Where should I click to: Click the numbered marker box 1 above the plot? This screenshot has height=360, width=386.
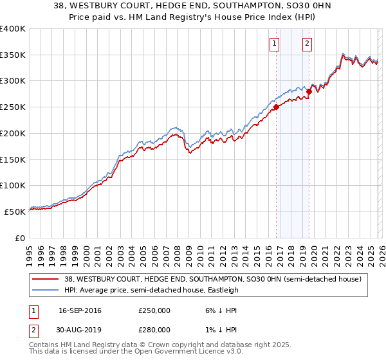pos(275,44)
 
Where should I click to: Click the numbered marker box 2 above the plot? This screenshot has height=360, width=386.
pos(308,44)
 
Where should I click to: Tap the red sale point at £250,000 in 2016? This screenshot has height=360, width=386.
pos(276,107)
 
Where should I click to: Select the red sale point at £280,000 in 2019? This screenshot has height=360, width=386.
pos(309,92)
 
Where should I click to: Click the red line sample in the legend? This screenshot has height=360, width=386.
pos(46,279)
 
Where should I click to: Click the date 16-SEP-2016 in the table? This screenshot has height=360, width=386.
pos(80,310)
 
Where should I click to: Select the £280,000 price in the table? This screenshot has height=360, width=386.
pos(154,329)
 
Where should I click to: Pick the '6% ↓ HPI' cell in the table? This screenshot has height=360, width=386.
pos(206,310)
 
